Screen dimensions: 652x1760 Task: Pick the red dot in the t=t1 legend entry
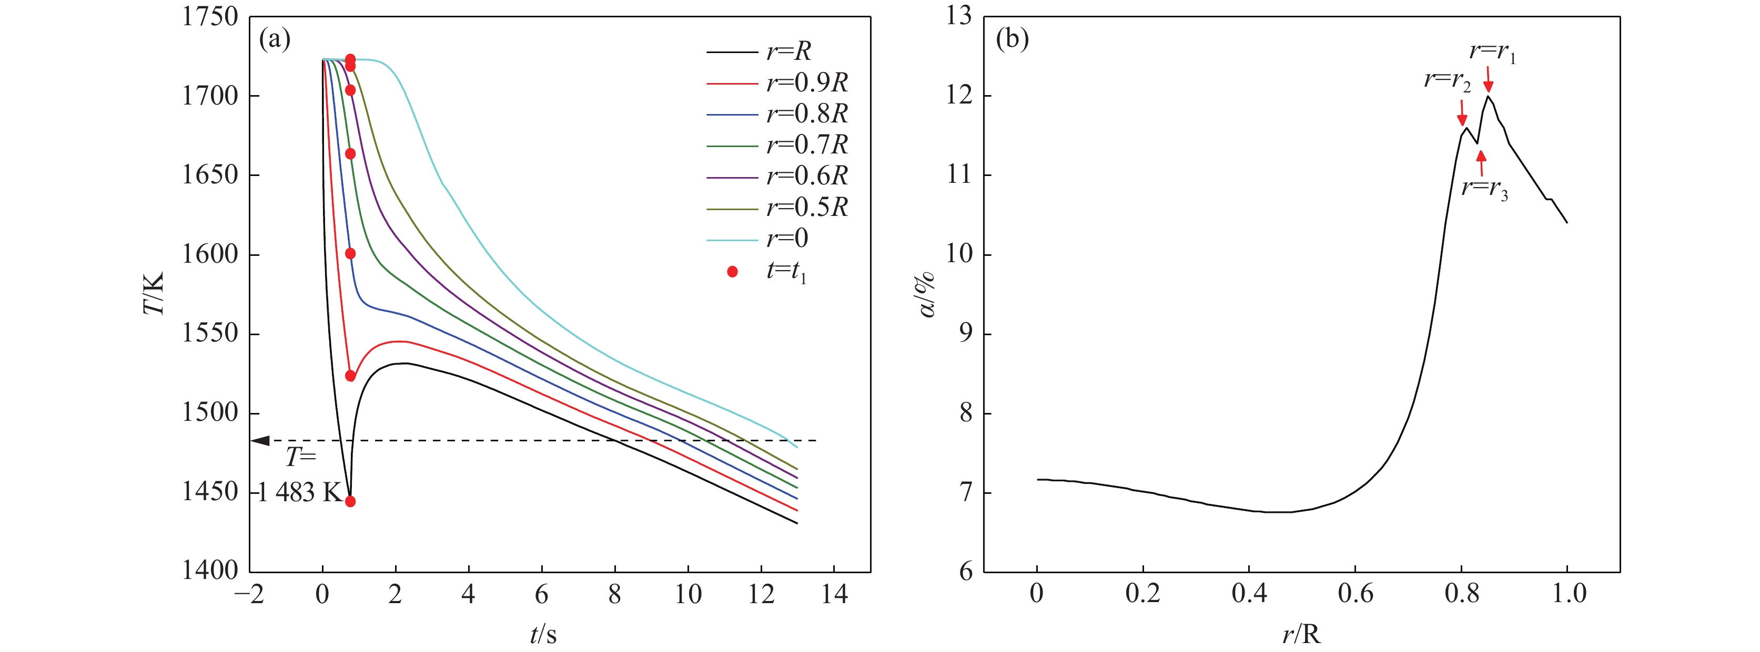point(732,272)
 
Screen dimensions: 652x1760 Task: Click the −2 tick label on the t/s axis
point(249,595)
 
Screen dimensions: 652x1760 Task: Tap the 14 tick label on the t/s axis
point(834,595)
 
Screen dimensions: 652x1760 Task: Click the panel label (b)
point(1012,39)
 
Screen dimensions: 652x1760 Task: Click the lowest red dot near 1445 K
point(350,502)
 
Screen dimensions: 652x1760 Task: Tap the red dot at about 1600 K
point(350,254)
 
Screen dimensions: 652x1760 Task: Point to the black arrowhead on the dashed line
point(261,440)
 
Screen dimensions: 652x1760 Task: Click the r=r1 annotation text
point(1492,52)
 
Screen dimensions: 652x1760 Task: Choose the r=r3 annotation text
point(1484,189)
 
